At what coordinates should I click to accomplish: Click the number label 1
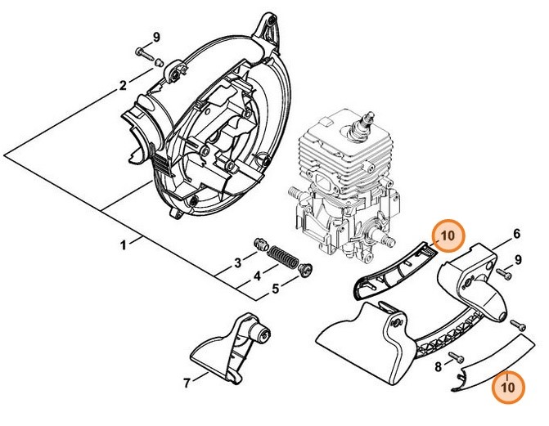tap(124, 244)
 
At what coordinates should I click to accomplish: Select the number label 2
tap(123, 84)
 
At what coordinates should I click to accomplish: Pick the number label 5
tap(275, 288)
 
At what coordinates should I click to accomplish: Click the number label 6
tap(516, 233)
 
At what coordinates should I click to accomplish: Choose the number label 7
tap(187, 381)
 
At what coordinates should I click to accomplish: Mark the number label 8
tap(438, 366)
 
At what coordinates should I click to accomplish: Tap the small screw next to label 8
tap(456, 361)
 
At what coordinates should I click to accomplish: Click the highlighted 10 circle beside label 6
tap(446, 236)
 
